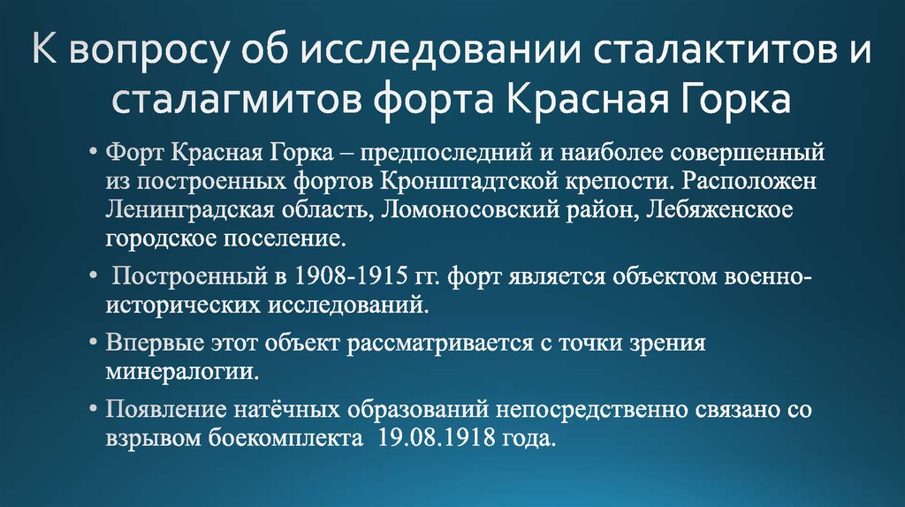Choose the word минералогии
[x=182, y=372]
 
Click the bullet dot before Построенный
[x=94, y=276]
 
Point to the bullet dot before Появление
[x=94, y=410]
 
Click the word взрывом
[x=146, y=439]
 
